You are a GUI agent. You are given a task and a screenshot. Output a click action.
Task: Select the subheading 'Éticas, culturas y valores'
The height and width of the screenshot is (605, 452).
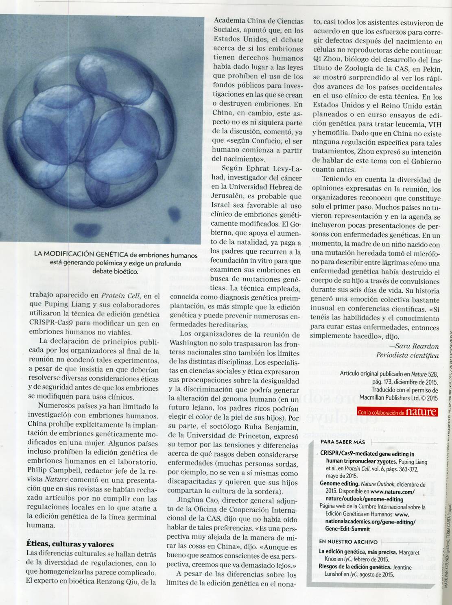pos(70,544)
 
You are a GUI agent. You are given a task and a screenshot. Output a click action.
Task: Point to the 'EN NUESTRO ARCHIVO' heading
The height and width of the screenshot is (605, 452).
pos(348,542)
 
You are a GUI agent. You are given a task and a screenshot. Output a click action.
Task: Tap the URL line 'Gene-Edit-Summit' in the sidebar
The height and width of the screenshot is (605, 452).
pos(345,529)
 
